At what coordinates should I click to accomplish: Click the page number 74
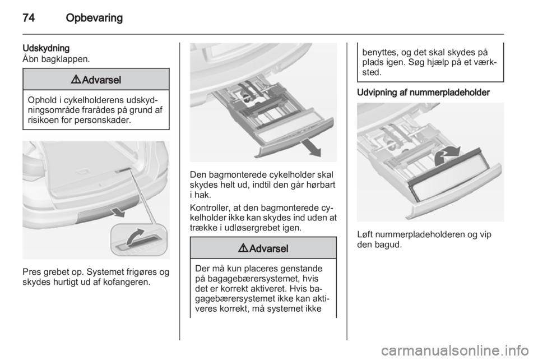(x=29, y=17)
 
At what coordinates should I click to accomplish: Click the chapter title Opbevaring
(x=94, y=18)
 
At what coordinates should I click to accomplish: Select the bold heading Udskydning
(x=46, y=48)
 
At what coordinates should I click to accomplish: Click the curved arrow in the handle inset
(x=136, y=237)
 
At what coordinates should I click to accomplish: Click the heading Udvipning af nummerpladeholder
(x=424, y=93)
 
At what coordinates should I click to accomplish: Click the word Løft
(x=365, y=234)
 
